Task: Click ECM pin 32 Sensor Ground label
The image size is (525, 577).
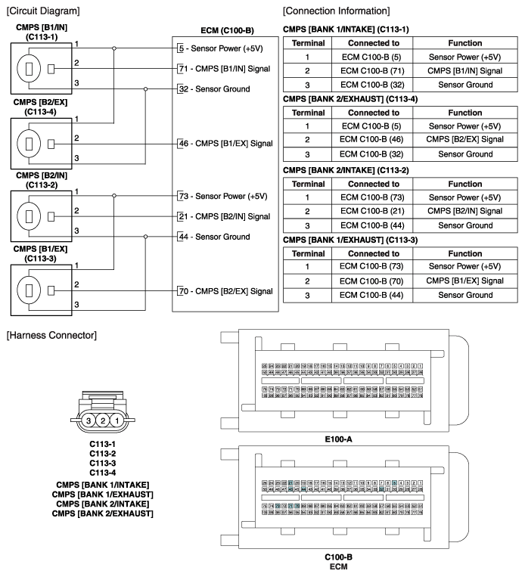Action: coord(213,89)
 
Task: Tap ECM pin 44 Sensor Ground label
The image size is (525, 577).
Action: coord(213,237)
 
